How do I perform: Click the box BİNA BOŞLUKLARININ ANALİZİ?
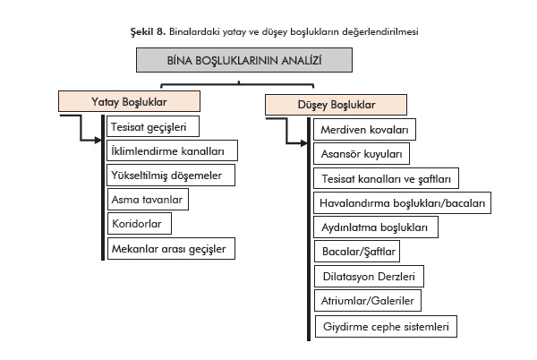pyautogui.click(x=244, y=60)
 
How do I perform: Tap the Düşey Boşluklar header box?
pyautogui.click(x=313, y=105)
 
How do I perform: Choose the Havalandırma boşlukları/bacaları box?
pyautogui.click(x=402, y=203)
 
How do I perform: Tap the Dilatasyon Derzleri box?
pyautogui.click(x=369, y=277)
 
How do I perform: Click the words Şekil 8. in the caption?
pyautogui.click(x=148, y=31)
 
